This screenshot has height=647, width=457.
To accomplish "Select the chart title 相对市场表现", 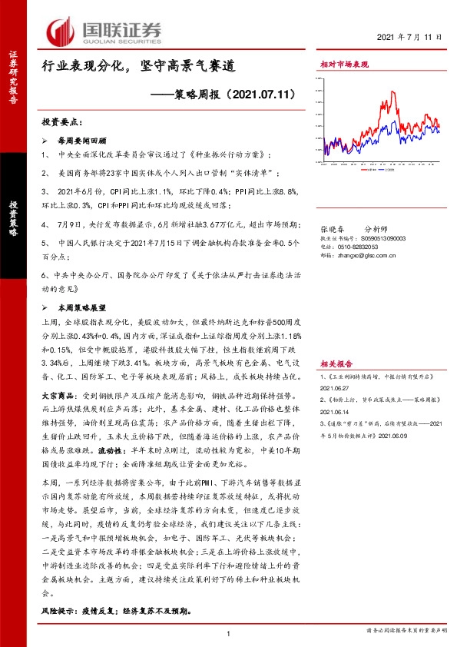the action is [x=344, y=65].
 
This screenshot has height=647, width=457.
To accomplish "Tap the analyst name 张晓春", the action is [x=330, y=229].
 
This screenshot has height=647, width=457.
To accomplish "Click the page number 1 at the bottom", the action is [x=230, y=633].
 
